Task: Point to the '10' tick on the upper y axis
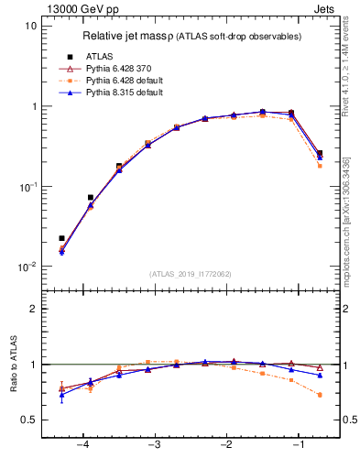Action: point(30,26)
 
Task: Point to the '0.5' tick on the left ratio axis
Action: point(27,420)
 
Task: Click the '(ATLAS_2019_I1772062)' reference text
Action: point(190,274)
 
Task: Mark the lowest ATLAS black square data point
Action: point(61,238)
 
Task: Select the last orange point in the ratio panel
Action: point(320,395)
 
